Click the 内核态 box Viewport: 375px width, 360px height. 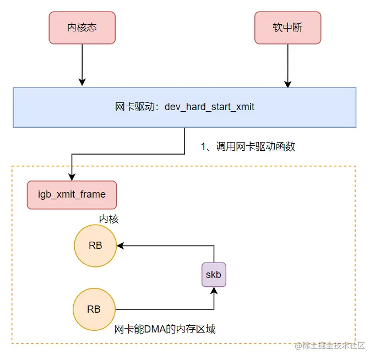(x=82, y=28)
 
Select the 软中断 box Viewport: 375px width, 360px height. (x=287, y=28)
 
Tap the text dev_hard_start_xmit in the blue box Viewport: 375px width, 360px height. (x=209, y=107)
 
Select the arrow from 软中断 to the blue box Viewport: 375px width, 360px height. (x=287, y=64)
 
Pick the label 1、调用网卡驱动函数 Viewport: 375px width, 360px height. (x=248, y=146)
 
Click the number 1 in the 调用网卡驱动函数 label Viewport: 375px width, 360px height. (x=203, y=146)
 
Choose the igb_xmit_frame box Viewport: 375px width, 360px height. (x=72, y=195)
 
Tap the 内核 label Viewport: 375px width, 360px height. (x=108, y=219)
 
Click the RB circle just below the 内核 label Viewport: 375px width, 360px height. (x=95, y=246)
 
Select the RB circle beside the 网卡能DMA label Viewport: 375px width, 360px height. (x=94, y=309)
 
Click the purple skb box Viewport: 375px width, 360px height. (x=214, y=274)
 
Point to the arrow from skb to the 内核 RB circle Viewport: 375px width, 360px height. (x=165, y=246)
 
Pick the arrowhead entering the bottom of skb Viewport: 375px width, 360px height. (x=214, y=291)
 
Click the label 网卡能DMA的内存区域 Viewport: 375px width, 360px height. (x=165, y=329)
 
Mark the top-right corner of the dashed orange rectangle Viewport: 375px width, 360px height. (x=355, y=166)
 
